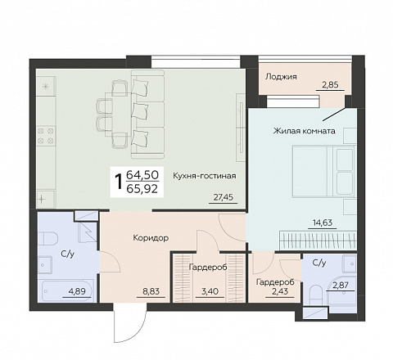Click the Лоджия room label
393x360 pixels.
281,77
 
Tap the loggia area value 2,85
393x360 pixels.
330,85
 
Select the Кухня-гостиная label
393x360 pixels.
205,176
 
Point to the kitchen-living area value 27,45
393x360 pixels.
224,197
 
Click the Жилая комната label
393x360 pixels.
305,131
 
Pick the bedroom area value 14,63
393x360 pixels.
323,223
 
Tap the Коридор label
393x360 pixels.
151,238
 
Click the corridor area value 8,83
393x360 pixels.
151,291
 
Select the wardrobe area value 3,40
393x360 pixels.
210,291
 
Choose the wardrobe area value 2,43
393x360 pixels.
280,291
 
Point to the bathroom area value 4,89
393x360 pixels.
77,291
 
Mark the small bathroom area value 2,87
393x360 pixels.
341,286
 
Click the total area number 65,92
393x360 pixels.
142,189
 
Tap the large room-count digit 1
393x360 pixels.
119,182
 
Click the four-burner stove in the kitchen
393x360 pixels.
46,136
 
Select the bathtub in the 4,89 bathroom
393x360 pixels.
68,290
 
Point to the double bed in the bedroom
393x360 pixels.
324,171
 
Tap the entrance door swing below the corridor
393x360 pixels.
130,326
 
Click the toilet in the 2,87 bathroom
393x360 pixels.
317,294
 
